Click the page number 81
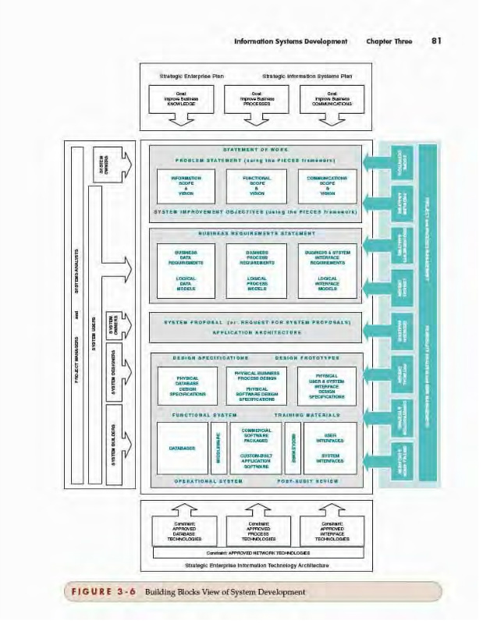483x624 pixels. tap(435, 41)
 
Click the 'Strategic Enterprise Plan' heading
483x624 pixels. tap(181, 76)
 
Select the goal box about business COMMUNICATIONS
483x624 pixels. tap(332, 100)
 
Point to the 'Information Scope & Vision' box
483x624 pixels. tap(186, 186)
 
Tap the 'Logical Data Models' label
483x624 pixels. tap(186, 283)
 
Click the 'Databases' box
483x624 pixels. tap(182, 448)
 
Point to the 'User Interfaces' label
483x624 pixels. tap(330, 438)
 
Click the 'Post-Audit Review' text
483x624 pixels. tap(308, 481)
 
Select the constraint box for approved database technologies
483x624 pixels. tap(184, 530)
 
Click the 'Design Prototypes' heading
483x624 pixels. tap(307, 358)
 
